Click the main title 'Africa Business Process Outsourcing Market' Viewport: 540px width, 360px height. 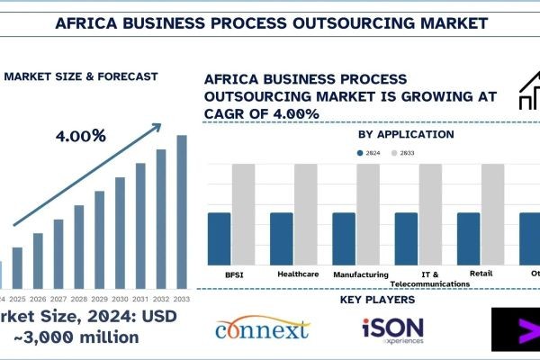270,20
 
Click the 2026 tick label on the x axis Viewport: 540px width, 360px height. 38,298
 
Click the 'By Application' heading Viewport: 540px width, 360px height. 392,134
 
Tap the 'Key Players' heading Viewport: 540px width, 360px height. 378,299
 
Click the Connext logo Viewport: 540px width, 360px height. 264,329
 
